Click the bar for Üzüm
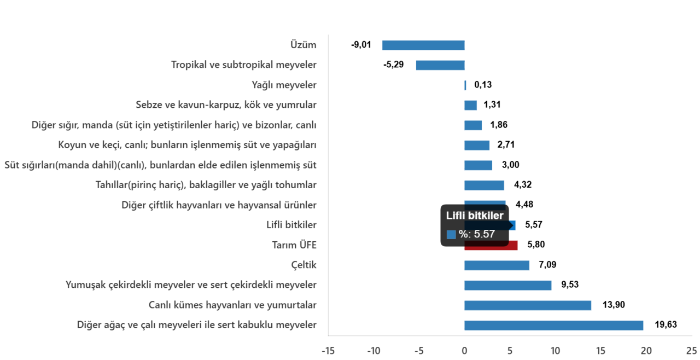pyautogui.click(x=423, y=45)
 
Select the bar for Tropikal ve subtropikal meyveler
pyautogui.click(x=440, y=66)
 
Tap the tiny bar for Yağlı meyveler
pyautogui.click(x=465, y=86)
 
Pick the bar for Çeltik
pyautogui.click(x=497, y=266)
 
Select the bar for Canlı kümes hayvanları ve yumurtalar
pyautogui.click(x=527, y=305)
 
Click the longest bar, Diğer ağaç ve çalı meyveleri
pyautogui.click(x=553, y=326)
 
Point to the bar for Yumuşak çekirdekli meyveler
pyautogui.click(x=507, y=286)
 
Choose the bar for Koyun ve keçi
pyautogui.click(x=476, y=146)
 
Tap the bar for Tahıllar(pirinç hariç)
pyautogui.click(x=484, y=185)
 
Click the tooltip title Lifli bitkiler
pyautogui.click(x=475, y=216)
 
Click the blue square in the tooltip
pyautogui.click(x=451, y=235)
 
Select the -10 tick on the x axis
pyautogui.click(x=373, y=351)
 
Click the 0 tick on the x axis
pyautogui.click(x=464, y=351)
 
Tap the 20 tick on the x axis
pyautogui.click(x=646, y=351)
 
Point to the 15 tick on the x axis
pyautogui.click(x=600, y=351)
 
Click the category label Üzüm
pyautogui.click(x=304, y=45)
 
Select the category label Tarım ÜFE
pyautogui.click(x=294, y=245)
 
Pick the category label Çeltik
pyautogui.click(x=304, y=265)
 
